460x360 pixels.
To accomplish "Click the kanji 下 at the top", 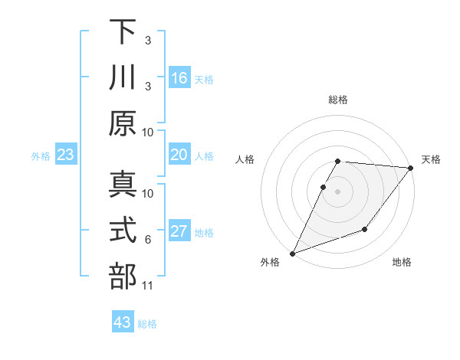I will [123, 31].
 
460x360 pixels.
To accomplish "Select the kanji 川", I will [123, 78].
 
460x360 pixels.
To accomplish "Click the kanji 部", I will [123, 277].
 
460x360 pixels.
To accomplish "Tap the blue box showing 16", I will [179, 78].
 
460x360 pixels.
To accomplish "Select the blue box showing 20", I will [179, 155].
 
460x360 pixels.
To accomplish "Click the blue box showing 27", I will [179, 231].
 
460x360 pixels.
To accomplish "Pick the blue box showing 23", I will [66, 155].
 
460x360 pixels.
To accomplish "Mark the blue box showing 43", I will [123, 322].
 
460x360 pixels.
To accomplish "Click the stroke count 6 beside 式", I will [148, 240].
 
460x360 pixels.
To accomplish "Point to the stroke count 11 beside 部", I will [147, 286].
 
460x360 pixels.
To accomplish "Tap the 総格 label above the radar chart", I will [338, 100].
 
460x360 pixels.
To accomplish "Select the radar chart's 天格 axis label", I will [431, 159].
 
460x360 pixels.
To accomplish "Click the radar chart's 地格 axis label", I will [402, 262].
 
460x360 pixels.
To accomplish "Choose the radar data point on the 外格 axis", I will [292, 254].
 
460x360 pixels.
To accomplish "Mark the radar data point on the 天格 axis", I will [411, 168].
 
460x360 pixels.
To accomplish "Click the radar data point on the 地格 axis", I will [365, 229].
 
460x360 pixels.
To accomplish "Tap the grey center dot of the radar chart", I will [338, 191].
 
